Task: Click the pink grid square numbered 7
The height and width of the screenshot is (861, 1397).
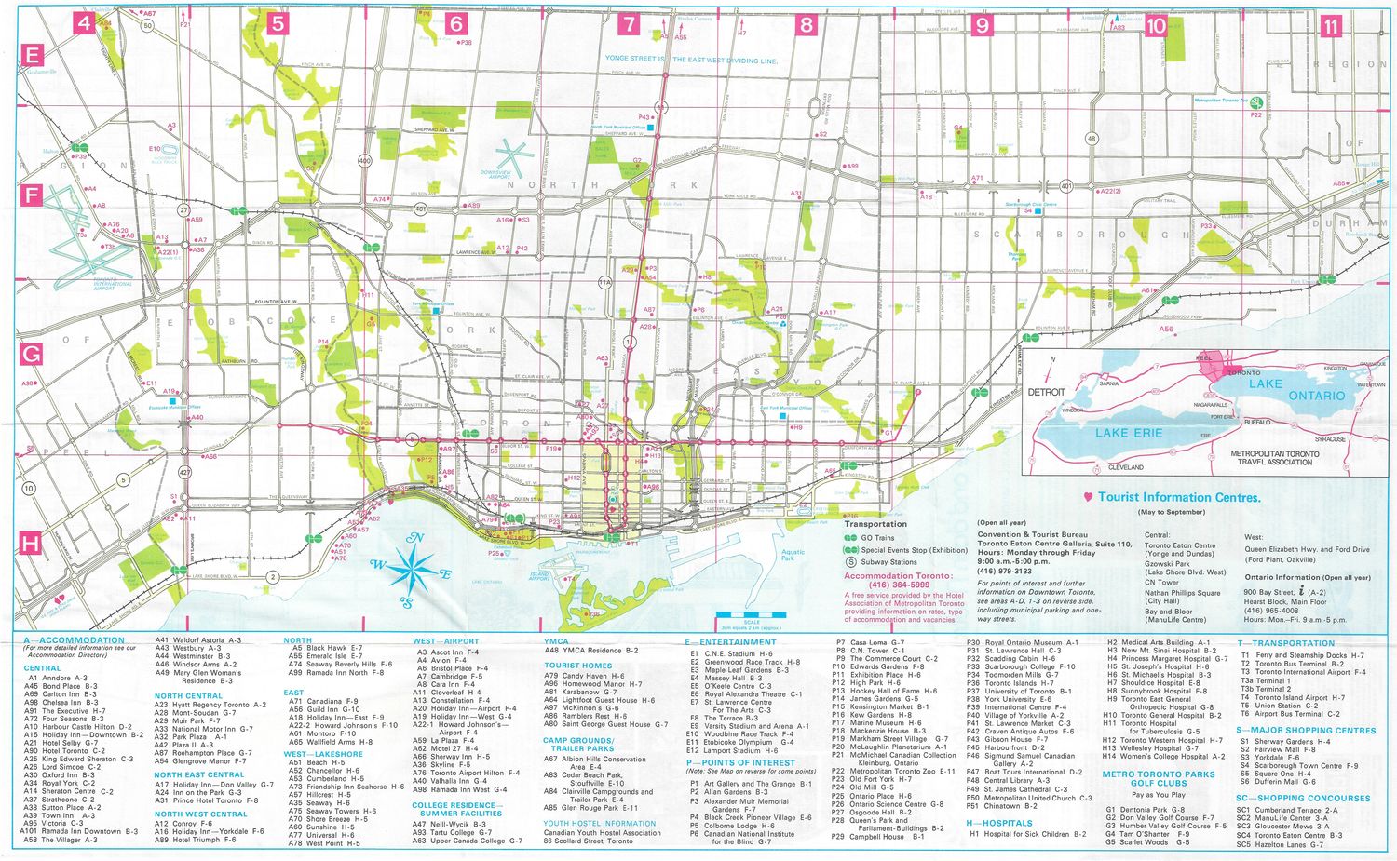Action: (630, 23)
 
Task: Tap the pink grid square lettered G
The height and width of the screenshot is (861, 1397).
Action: (32, 354)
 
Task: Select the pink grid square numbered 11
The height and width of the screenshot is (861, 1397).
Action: (1331, 25)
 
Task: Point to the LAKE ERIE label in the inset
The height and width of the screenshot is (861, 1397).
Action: (1129, 433)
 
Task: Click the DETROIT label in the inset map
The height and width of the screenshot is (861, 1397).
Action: (1046, 392)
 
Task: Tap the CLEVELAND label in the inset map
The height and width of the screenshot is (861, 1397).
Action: (1126, 466)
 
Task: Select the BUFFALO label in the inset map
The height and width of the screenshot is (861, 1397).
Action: (1257, 422)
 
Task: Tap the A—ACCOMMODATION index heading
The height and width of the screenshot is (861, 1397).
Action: (75, 640)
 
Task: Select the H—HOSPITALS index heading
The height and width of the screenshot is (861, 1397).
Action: (999, 823)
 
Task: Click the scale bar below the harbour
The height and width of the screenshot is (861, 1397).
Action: (752, 615)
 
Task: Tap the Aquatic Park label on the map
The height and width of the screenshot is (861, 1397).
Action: (793, 556)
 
